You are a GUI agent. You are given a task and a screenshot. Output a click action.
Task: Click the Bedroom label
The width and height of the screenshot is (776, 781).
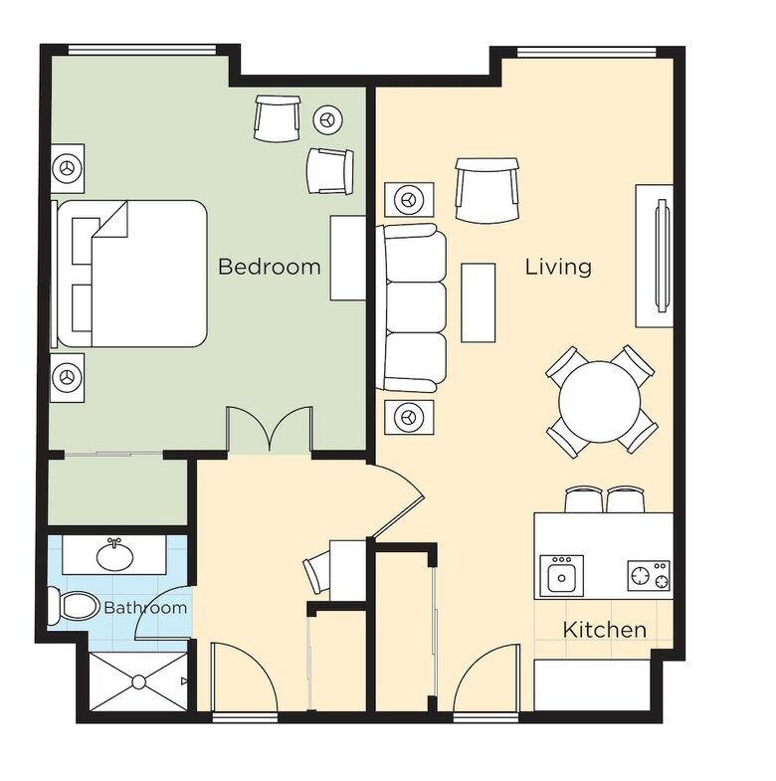point(270,267)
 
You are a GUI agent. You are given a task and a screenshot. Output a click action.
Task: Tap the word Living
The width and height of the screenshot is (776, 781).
point(559,267)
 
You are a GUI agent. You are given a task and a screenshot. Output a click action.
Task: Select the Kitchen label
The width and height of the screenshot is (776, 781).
point(605,630)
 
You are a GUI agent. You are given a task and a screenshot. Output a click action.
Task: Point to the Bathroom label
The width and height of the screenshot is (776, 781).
point(145,608)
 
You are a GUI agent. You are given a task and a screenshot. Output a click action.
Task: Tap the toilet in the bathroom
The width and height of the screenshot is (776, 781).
point(74,607)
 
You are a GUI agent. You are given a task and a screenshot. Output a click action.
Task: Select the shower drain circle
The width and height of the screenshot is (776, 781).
point(139,682)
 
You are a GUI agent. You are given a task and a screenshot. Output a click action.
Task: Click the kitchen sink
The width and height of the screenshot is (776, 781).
point(562,576)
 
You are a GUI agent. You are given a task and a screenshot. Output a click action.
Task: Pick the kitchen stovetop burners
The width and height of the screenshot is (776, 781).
point(648,575)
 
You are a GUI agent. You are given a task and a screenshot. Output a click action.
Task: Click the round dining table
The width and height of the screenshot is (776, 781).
point(600,401)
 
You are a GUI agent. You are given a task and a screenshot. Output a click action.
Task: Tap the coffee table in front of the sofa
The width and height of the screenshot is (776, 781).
point(479,302)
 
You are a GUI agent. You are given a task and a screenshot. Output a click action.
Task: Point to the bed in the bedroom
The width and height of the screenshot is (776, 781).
point(129,274)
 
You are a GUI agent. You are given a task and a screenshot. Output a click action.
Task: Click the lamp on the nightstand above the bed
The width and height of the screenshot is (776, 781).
point(67,168)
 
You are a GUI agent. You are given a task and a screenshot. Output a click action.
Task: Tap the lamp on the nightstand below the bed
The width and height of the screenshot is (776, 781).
point(67,377)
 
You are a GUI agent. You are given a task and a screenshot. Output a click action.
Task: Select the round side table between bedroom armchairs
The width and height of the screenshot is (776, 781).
point(328,119)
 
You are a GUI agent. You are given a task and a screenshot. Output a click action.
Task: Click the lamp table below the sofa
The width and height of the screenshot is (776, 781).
point(409,417)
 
